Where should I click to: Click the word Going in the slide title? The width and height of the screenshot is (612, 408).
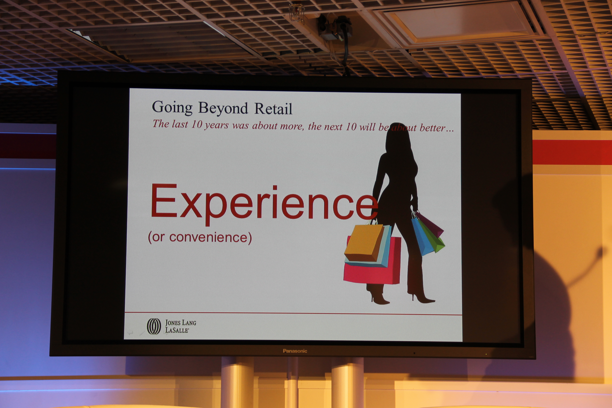tap(172, 107)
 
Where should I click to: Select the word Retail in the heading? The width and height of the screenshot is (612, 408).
tap(273, 108)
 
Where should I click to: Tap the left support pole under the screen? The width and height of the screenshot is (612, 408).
tap(237, 382)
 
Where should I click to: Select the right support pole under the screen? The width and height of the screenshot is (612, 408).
tap(347, 382)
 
